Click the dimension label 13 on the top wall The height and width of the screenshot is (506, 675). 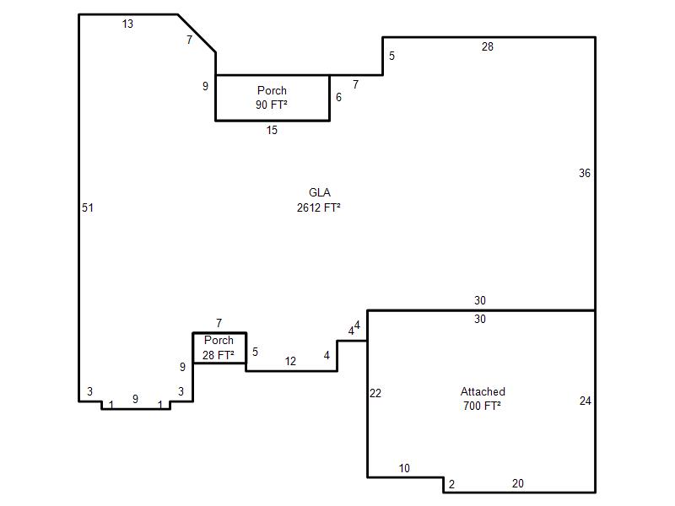pyautogui.click(x=127, y=24)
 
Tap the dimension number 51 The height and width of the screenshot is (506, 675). pyautogui.click(x=88, y=207)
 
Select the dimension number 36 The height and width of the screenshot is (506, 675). pyautogui.click(x=585, y=173)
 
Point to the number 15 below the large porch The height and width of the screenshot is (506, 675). pyautogui.click(x=272, y=130)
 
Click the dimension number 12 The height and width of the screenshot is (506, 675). pyautogui.click(x=290, y=362)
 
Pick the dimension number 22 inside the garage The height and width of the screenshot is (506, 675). pyautogui.click(x=375, y=393)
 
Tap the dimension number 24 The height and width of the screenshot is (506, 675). pyautogui.click(x=586, y=401)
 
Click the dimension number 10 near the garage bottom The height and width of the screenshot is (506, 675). pyautogui.click(x=404, y=468)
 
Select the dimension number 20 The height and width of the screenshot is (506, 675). pyautogui.click(x=518, y=483)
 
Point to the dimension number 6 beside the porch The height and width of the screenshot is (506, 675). pyautogui.click(x=339, y=97)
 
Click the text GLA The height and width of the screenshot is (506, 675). pyautogui.click(x=320, y=192)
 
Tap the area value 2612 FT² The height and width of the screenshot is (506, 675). pyautogui.click(x=319, y=207)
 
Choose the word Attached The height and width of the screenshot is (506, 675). pyautogui.click(x=483, y=391)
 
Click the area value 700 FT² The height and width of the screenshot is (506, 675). pyautogui.click(x=482, y=406)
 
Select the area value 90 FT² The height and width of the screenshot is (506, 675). pyautogui.click(x=272, y=105)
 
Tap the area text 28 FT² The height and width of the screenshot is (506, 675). pyautogui.click(x=219, y=355)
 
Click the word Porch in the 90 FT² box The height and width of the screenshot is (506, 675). pyautogui.click(x=272, y=90)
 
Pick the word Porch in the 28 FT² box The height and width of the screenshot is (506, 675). pyautogui.click(x=219, y=340)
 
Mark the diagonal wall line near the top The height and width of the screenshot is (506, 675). pyautogui.click(x=197, y=34)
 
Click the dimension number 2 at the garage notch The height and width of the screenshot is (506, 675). pyautogui.click(x=451, y=484)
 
